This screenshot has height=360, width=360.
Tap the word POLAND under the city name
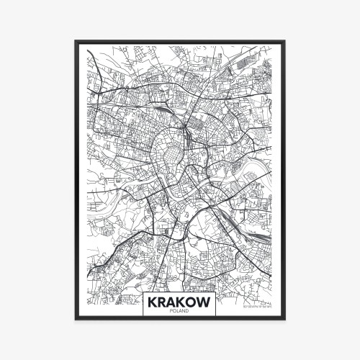(179, 312)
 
